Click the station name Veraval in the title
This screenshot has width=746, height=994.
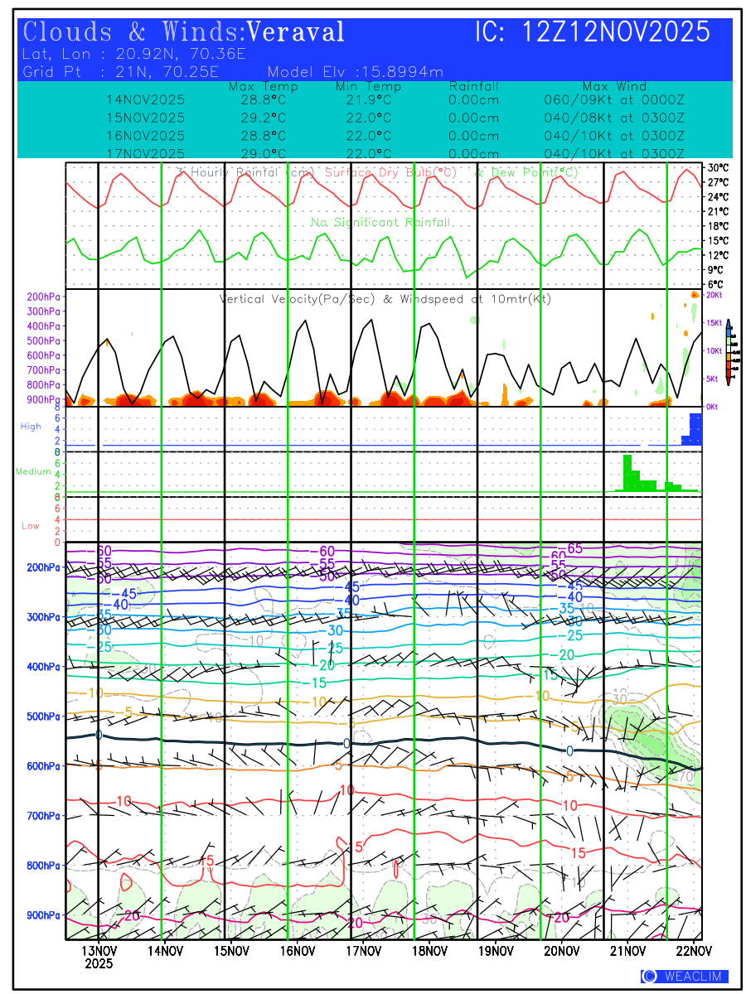(x=296, y=32)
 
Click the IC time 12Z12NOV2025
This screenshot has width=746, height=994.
(x=616, y=32)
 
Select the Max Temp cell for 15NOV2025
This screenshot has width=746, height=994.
(x=257, y=118)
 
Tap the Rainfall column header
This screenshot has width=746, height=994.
(x=473, y=86)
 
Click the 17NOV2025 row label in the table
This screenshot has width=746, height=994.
(x=145, y=153)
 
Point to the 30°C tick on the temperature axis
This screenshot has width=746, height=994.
(x=718, y=167)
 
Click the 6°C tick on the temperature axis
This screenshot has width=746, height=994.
(x=716, y=284)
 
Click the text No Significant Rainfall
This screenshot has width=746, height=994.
(x=380, y=223)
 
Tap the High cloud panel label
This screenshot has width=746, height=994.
(x=31, y=427)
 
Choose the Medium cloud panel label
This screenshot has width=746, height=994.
(x=33, y=472)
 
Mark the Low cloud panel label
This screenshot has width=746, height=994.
(x=30, y=526)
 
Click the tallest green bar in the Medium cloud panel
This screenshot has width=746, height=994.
(x=627, y=473)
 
